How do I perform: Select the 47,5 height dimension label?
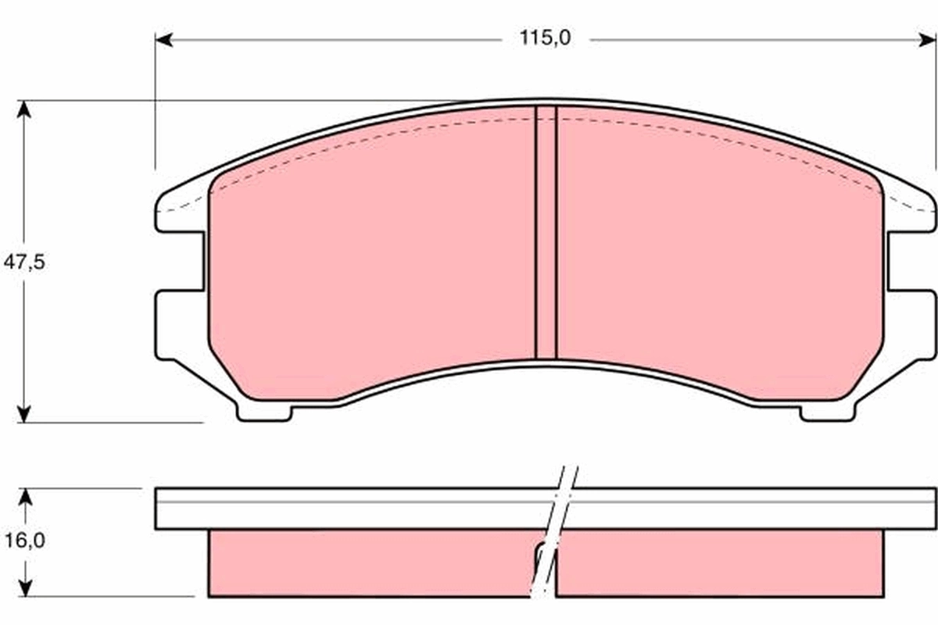pyautogui.click(x=24, y=262)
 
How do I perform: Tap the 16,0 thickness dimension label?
pyautogui.click(x=24, y=540)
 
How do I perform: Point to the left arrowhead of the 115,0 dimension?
pyautogui.click(x=163, y=38)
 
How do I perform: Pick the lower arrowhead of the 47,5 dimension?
pyautogui.click(x=25, y=413)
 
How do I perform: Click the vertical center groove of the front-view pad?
pyautogui.click(x=546, y=234)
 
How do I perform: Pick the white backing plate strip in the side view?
pyautogui.click(x=352, y=509)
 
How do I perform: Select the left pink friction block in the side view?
pyautogui.click(x=367, y=562)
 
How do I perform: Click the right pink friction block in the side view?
pyautogui.click(x=719, y=562)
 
